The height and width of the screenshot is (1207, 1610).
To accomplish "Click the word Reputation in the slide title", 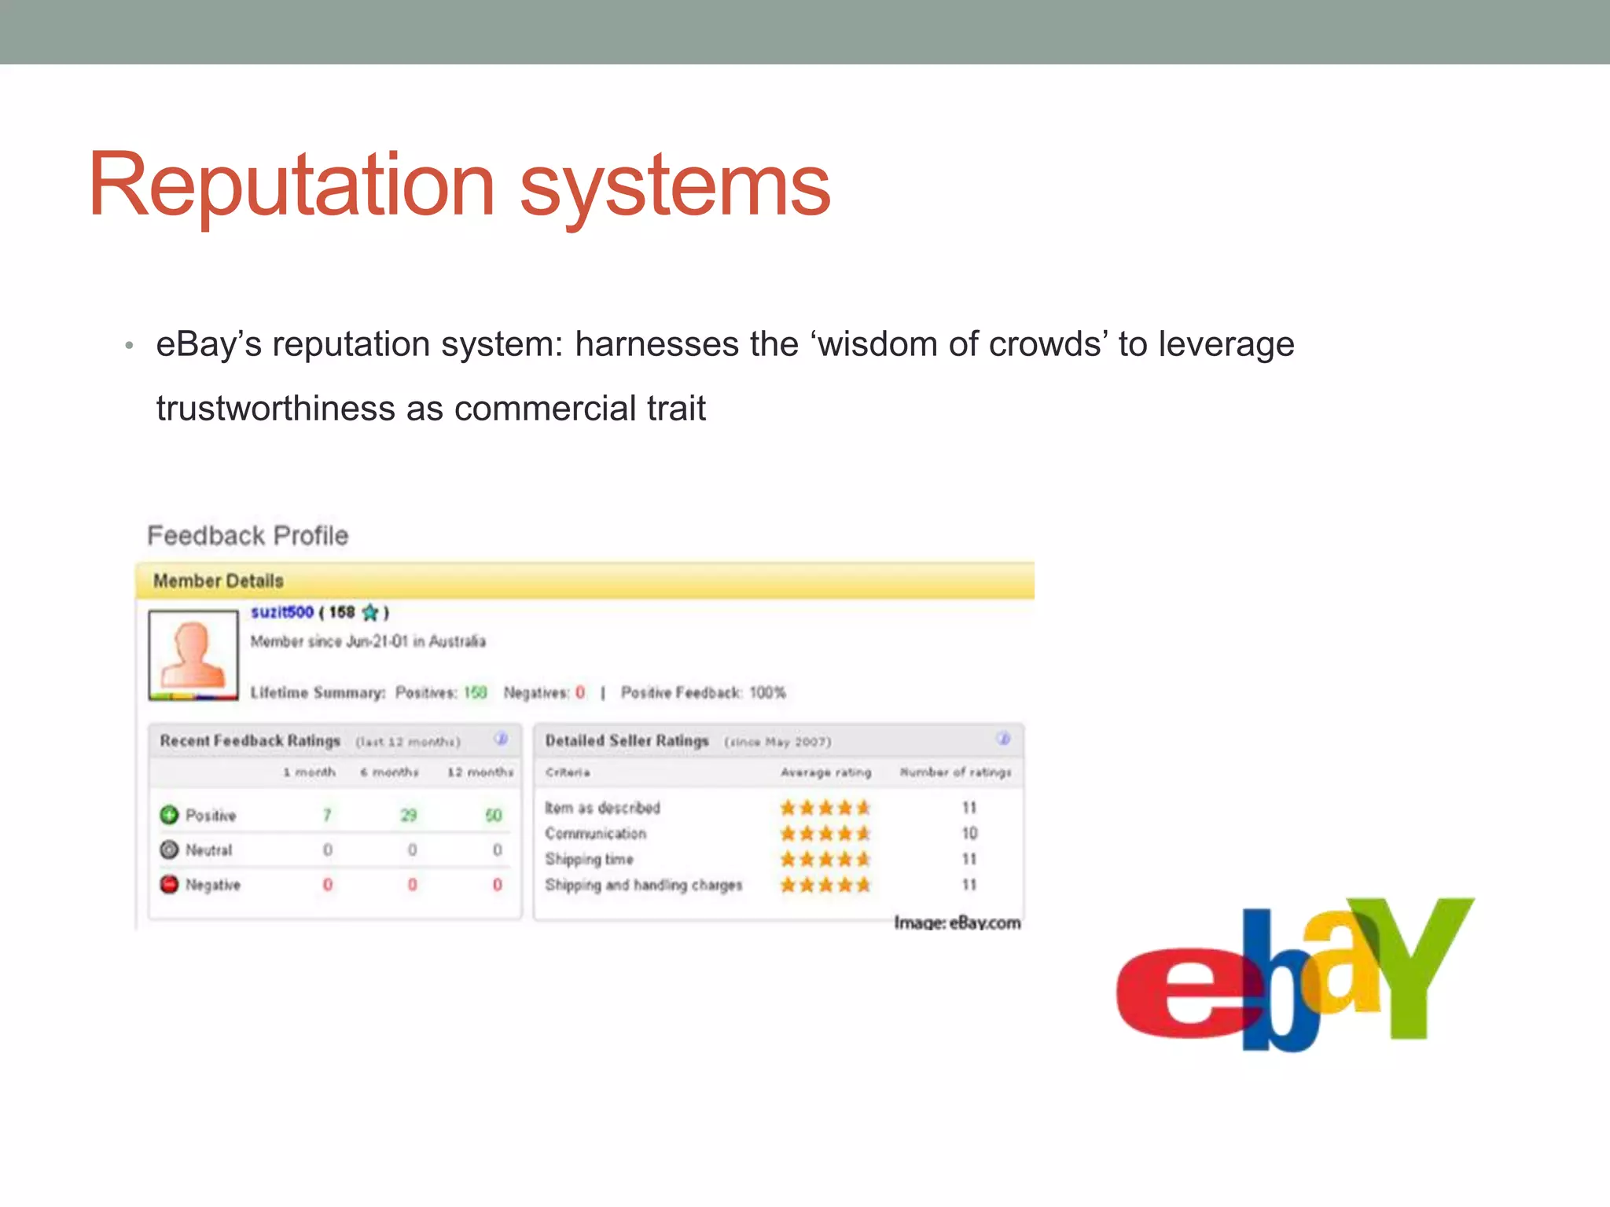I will coord(291,185).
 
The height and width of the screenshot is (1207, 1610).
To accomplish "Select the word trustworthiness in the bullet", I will coord(275,409).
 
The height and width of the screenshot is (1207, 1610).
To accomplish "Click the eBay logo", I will coord(1294,974).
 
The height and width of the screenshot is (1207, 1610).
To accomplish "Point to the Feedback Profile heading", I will coord(248,535).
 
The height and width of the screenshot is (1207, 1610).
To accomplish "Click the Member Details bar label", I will coord(219,581).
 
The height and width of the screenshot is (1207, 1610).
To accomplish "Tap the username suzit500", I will coord(282,612).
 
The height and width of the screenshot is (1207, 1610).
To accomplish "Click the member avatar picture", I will coord(193,655).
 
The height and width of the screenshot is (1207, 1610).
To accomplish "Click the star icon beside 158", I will coord(370,612).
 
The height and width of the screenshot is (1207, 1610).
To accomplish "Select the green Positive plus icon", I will coord(169,815).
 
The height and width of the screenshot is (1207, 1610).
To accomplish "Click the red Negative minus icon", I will coord(169,884).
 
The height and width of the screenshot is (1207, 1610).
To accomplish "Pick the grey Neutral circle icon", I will coord(169,849).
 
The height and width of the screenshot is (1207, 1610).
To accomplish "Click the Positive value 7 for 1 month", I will coord(327,815).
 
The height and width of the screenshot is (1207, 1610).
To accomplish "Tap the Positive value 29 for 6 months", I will coord(409,815).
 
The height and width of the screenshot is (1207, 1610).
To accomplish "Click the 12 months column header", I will coord(480,772).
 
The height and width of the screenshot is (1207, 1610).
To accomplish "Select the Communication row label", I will coord(596,833).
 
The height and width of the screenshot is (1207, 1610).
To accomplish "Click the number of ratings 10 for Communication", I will coord(969,833).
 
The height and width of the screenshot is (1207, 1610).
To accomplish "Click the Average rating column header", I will coord(825,772).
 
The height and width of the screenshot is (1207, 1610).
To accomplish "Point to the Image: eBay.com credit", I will coord(957,923).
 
